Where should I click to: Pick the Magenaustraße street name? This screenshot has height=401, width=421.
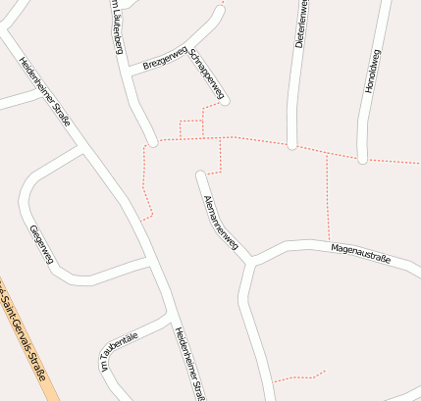360,253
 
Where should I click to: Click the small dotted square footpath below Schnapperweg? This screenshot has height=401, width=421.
191,128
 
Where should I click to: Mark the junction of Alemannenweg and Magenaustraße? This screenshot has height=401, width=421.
252,260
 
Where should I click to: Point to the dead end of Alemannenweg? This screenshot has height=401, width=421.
201,176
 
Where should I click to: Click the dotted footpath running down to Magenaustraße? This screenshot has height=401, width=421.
328,196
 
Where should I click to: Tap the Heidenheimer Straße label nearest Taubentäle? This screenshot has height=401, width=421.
189,363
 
